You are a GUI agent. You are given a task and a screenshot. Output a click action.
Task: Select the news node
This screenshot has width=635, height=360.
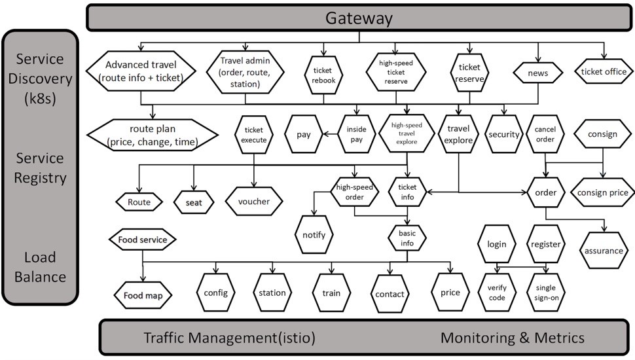(538, 73)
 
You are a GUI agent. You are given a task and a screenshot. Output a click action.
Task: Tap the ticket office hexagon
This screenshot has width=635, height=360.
(604, 72)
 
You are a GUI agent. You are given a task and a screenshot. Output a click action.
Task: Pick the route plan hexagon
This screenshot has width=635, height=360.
(153, 134)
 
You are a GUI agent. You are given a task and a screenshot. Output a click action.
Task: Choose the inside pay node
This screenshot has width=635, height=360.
(357, 134)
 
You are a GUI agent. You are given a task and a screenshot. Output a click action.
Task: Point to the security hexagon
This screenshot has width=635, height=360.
(503, 134)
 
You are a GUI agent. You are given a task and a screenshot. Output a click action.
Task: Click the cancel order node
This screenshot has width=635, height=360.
(545, 135)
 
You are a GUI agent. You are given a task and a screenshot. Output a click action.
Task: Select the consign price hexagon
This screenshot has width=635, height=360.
(602, 192)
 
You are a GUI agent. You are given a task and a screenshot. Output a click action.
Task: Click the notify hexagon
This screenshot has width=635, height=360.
(314, 234)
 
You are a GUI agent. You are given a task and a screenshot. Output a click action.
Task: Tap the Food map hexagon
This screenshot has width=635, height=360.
(143, 296)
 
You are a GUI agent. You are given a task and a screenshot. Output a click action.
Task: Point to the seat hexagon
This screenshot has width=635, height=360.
(194, 202)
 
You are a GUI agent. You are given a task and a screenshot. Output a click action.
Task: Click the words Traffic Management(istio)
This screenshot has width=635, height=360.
(230, 338)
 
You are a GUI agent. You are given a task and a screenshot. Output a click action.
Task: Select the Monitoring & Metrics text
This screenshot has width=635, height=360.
(512, 338)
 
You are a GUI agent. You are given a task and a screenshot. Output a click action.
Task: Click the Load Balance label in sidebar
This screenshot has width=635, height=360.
(41, 267)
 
